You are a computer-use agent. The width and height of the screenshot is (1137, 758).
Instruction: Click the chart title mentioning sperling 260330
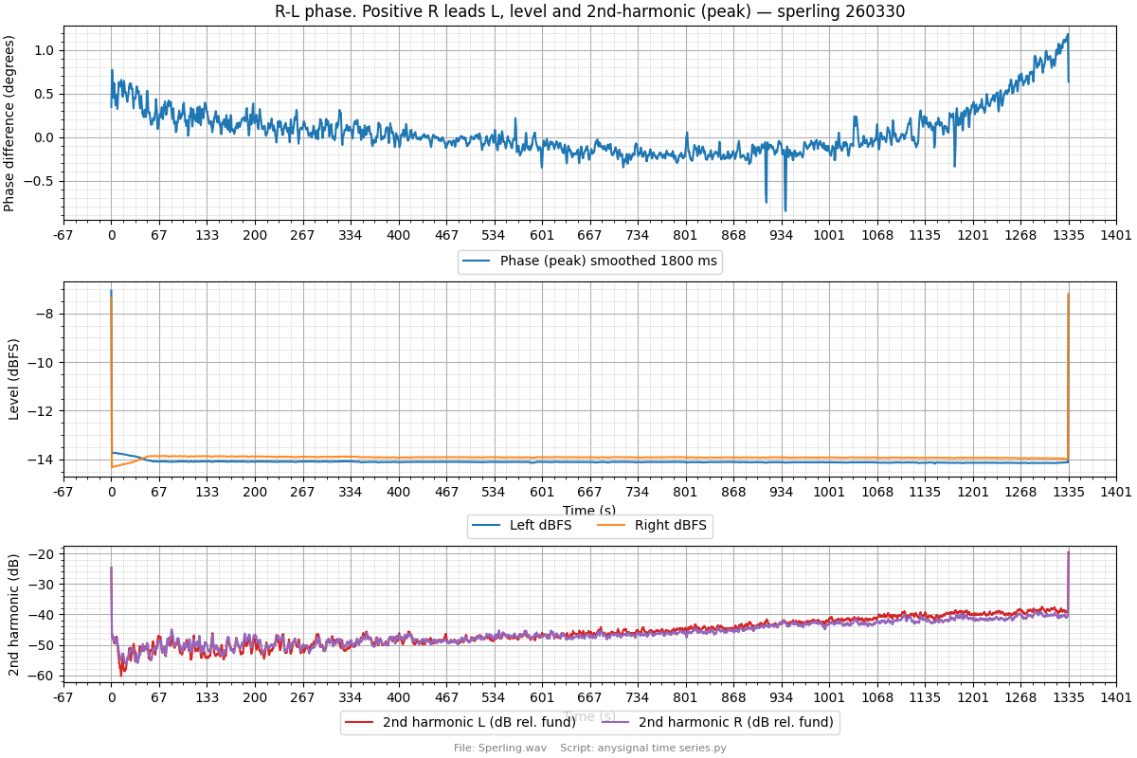589,12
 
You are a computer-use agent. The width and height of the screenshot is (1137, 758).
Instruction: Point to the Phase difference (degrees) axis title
9,123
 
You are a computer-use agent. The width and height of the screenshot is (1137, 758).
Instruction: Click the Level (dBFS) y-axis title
13,379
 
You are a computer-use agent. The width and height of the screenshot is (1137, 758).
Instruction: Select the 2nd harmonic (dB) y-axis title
13,614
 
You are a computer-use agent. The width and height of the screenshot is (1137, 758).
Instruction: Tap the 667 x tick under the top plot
589,236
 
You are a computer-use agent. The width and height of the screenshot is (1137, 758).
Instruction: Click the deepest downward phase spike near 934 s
785,210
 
